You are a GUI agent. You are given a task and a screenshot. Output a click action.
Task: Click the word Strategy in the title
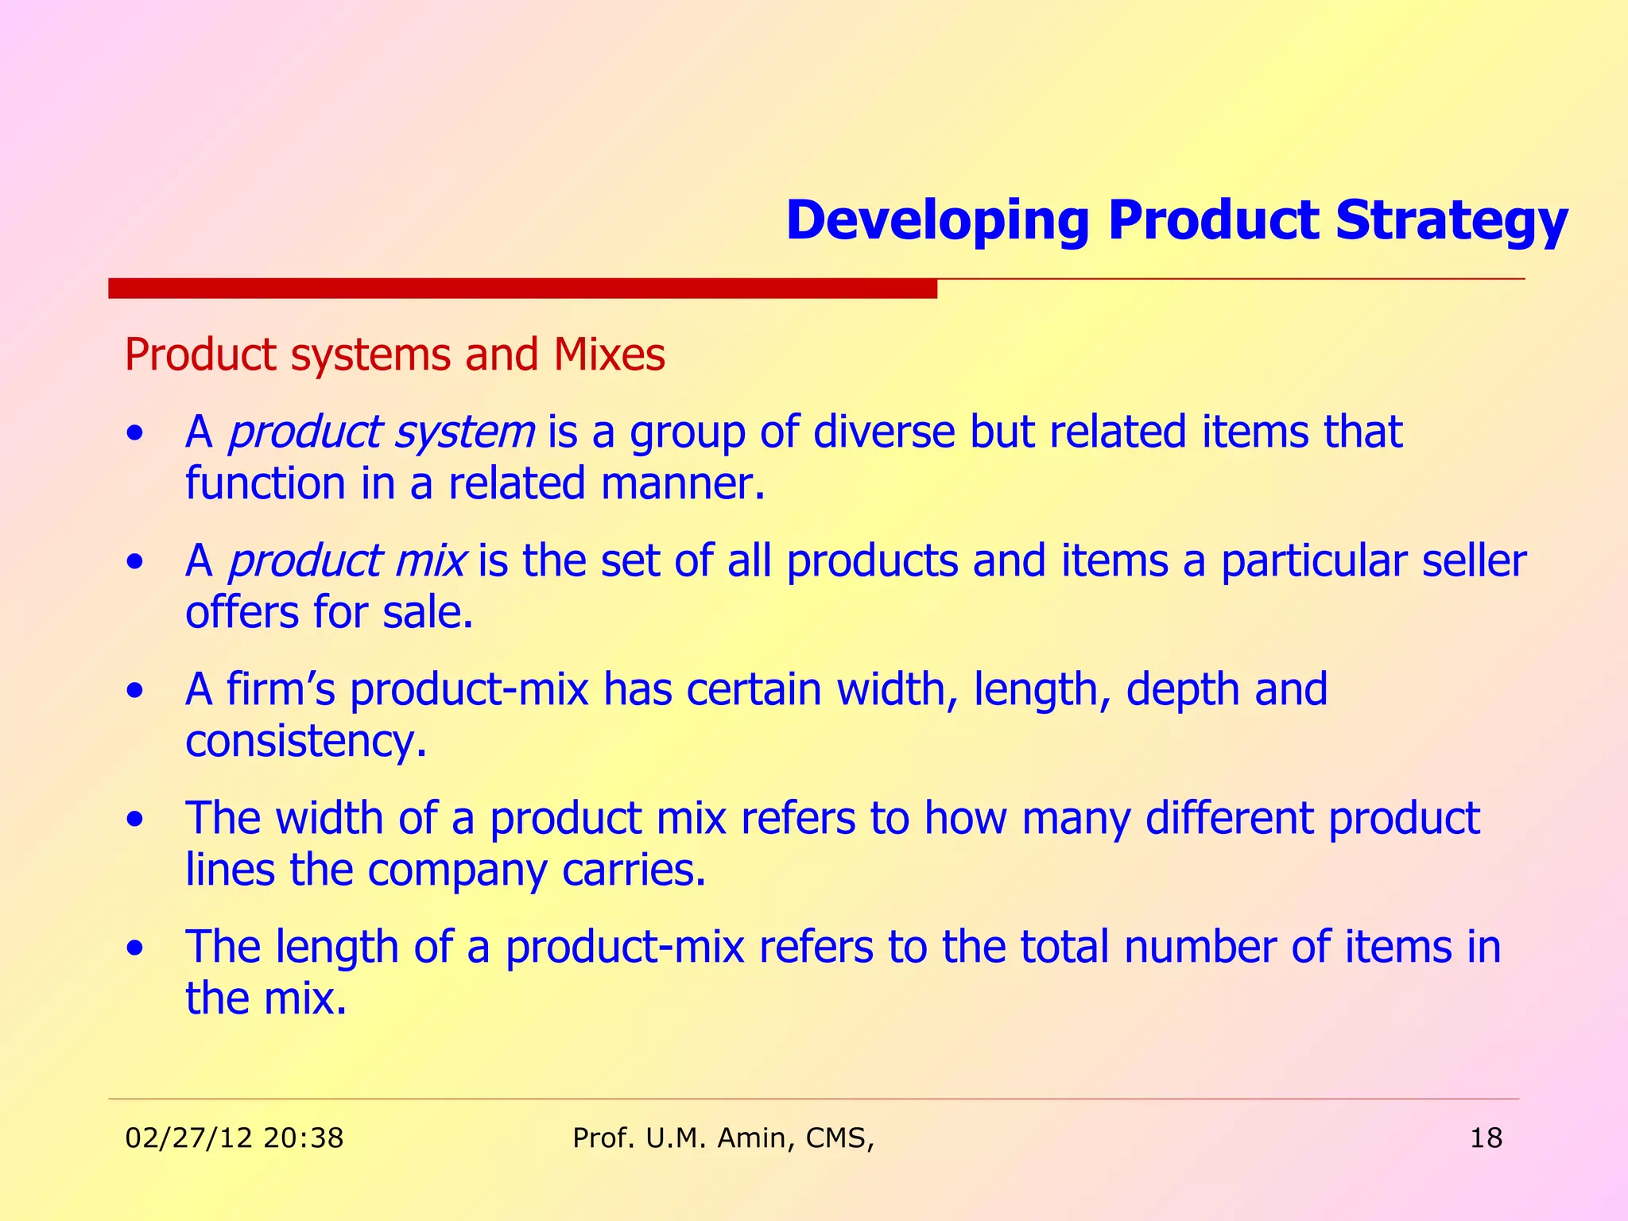tap(1452, 221)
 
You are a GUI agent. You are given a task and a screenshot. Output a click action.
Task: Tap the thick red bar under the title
tap(522, 289)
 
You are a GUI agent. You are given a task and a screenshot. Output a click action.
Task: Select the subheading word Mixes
tap(609, 355)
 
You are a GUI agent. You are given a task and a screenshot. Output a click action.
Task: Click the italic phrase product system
tap(382, 433)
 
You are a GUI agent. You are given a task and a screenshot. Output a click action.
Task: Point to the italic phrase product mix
tap(347, 561)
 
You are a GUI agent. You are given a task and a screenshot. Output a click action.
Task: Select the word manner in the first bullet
tap(682, 484)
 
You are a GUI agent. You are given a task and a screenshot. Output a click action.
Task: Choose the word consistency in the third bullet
tap(306, 742)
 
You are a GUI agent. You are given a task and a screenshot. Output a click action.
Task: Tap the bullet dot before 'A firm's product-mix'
tap(137, 691)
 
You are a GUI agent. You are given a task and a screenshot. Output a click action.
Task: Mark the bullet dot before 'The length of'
tap(137, 948)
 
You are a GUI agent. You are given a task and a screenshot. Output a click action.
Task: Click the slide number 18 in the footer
tap(1486, 1138)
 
